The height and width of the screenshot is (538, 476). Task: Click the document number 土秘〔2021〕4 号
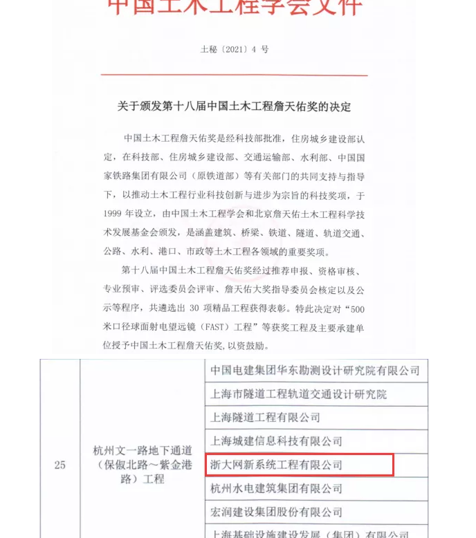(235, 49)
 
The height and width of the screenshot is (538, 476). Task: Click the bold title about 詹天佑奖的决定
(235, 106)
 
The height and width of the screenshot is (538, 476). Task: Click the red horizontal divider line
(235, 75)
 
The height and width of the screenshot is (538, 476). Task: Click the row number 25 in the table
(59, 465)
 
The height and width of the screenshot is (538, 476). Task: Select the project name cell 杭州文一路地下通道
(142, 465)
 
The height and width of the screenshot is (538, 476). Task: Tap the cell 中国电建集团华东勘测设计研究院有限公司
(315, 371)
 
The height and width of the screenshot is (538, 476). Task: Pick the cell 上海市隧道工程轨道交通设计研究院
(298, 394)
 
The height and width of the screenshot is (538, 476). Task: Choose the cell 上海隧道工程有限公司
(265, 418)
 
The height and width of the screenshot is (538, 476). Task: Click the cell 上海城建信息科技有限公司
(276, 441)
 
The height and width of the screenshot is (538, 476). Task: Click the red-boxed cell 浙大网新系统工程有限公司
(276, 465)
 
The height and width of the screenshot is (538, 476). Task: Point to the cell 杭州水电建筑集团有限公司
(276, 489)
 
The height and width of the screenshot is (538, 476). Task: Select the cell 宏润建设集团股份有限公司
(276, 512)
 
